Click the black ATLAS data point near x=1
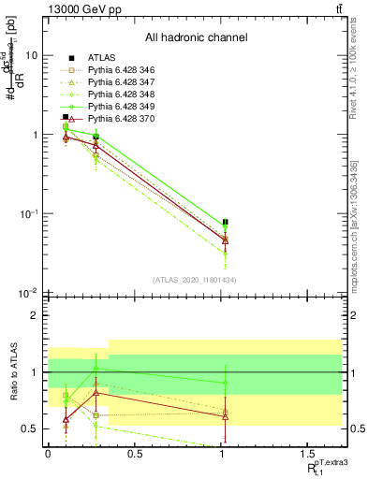225,223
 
